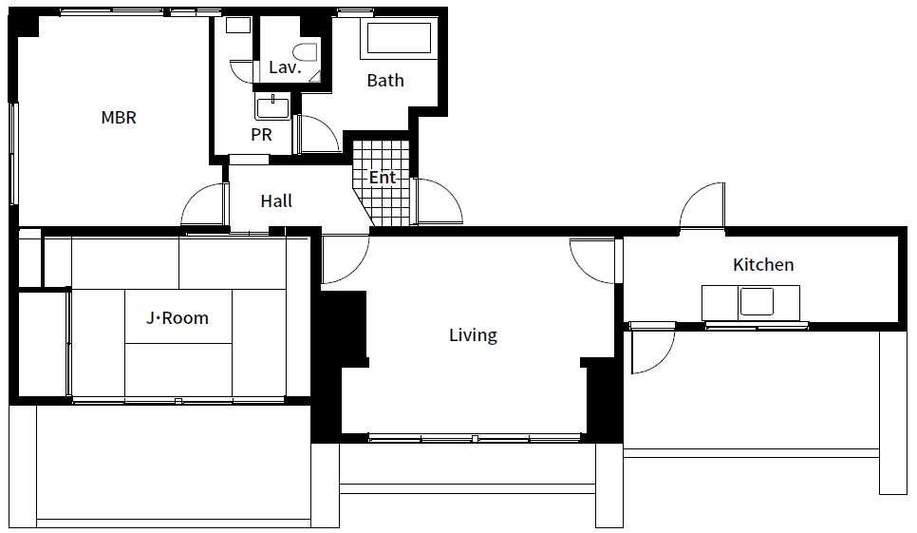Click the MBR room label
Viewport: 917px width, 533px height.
(119, 118)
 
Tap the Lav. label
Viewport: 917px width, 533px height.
(285, 67)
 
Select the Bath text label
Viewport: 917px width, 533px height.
(385, 80)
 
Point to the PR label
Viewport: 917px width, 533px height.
(261, 135)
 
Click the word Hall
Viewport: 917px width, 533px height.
(276, 201)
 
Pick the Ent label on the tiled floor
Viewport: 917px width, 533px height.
(383, 178)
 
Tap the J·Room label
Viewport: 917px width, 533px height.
(178, 318)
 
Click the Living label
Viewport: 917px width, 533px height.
(473, 335)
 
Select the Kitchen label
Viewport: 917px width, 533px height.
(763, 264)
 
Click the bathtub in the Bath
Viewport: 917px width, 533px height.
(399, 39)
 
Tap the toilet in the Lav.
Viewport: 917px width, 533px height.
(306, 52)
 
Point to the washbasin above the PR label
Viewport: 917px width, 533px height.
(272, 107)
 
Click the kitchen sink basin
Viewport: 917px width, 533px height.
(757, 302)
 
